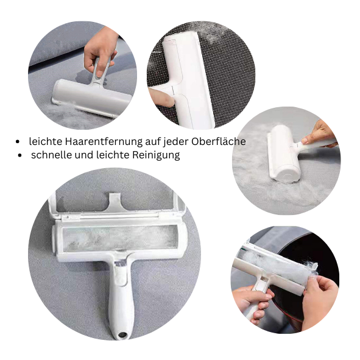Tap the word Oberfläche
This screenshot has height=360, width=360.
point(219,141)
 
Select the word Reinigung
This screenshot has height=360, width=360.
point(156,155)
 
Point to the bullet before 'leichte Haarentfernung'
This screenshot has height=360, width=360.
point(18,142)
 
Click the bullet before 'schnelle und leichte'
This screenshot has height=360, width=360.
point(19,155)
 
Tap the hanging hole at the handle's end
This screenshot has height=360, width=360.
point(122,334)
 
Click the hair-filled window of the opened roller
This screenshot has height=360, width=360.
point(121,238)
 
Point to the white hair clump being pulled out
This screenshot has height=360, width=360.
point(312,268)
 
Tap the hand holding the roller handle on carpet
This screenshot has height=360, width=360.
point(320,133)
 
